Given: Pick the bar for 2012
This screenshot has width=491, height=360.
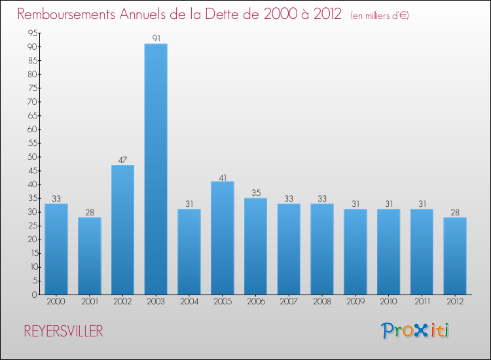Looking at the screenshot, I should pyautogui.click(x=455, y=255).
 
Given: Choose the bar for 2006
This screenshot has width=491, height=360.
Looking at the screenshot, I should pyautogui.click(x=255, y=246).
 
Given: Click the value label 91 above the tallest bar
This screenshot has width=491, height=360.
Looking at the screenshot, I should pyautogui.click(x=156, y=39).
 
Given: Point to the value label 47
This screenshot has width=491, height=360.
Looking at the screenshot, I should pyautogui.click(x=122, y=160).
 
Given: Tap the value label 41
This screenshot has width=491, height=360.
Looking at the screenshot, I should pyautogui.click(x=223, y=177).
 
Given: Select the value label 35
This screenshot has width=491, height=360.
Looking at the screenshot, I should pyautogui.click(x=255, y=193).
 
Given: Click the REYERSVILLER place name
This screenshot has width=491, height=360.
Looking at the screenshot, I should pyautogui.click(x=64, y=331).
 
